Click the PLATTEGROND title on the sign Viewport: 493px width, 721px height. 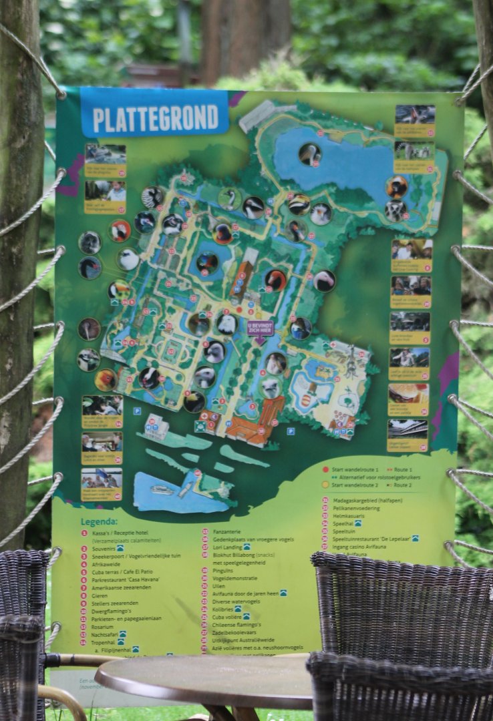(x=155, y=118)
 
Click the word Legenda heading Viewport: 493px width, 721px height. (x=100, y=522)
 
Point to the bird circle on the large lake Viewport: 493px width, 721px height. (x=309, y=154)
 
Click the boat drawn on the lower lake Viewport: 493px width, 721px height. (x=162, y=490)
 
